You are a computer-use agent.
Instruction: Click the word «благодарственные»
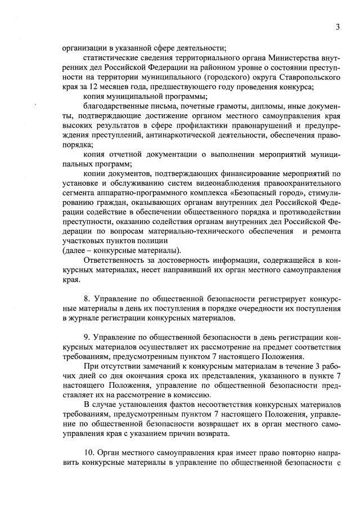click(x=114, y=106)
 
